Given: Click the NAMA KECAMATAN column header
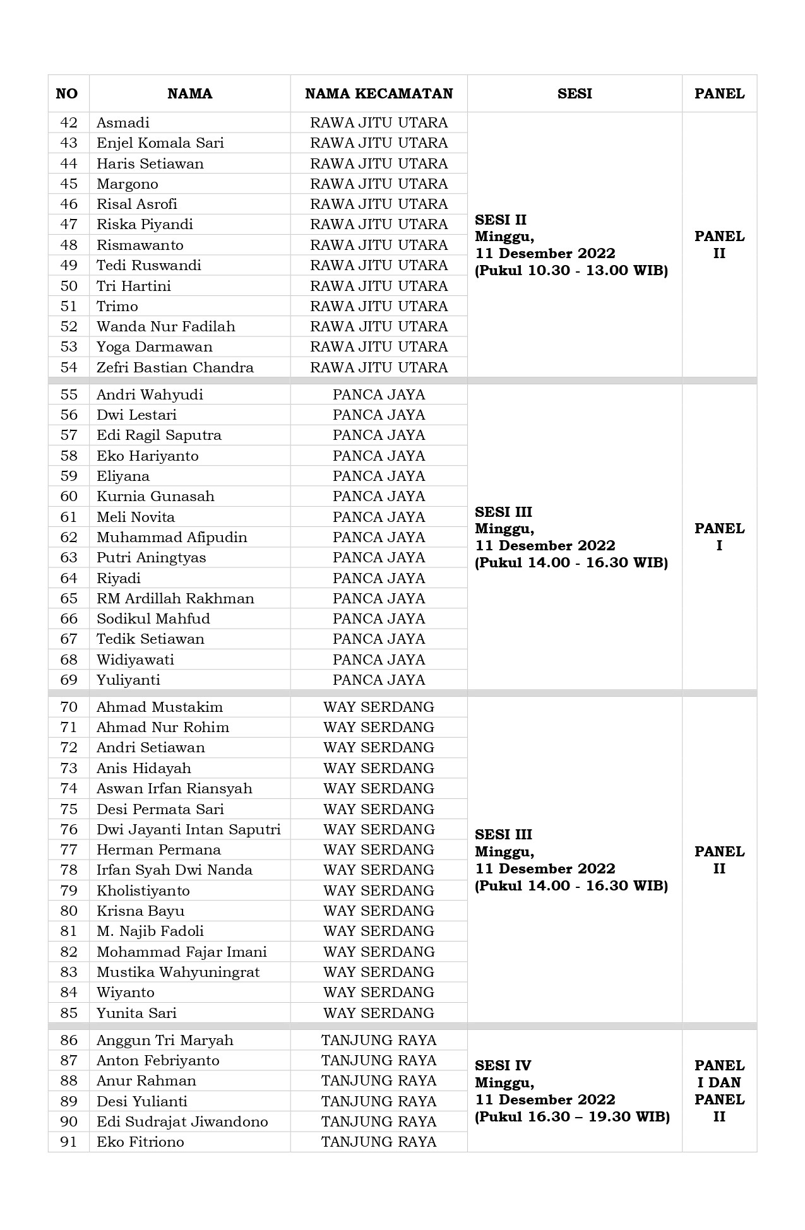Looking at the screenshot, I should pos(379,94).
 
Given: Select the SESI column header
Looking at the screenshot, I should pos(575,94).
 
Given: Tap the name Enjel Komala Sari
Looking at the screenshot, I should pos(160,143).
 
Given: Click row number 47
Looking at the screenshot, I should pos(69,225).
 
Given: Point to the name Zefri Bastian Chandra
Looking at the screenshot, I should pos(175,367).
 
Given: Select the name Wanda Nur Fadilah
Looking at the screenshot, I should pos(165,327).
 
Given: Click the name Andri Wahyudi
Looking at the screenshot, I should pos(150,395).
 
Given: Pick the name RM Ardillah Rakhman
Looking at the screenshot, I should pos(175,598).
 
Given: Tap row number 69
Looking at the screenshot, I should pos(69,680).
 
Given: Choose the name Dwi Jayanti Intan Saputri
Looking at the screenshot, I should pos(188,829).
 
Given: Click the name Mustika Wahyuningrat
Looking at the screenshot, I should pos(177,972).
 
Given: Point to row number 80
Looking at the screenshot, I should pos(69,911).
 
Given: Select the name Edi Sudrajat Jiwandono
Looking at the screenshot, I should pos(182,1121).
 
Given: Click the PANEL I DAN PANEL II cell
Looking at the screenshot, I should pos(719,1091).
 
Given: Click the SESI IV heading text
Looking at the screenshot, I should pos(503,1065).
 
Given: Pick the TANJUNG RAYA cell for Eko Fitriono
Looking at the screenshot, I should pos(379,1142).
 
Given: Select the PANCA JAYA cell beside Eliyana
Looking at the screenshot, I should pos(379,476).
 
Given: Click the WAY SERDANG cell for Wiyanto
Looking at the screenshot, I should pos(379,992).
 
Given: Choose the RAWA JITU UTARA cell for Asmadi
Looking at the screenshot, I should pos(379,123).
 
